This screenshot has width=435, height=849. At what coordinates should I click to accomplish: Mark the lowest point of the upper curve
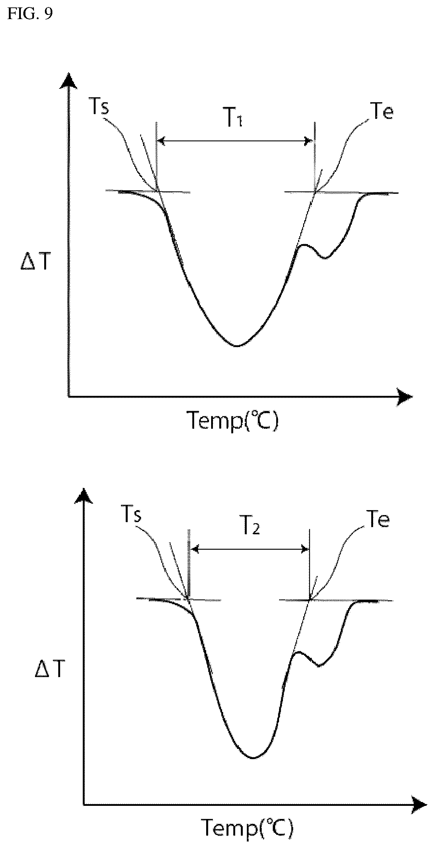point(237,346)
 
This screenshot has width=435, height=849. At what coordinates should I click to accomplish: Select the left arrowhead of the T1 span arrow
point(161,141)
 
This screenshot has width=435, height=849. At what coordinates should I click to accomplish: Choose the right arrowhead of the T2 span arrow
point(304,549)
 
